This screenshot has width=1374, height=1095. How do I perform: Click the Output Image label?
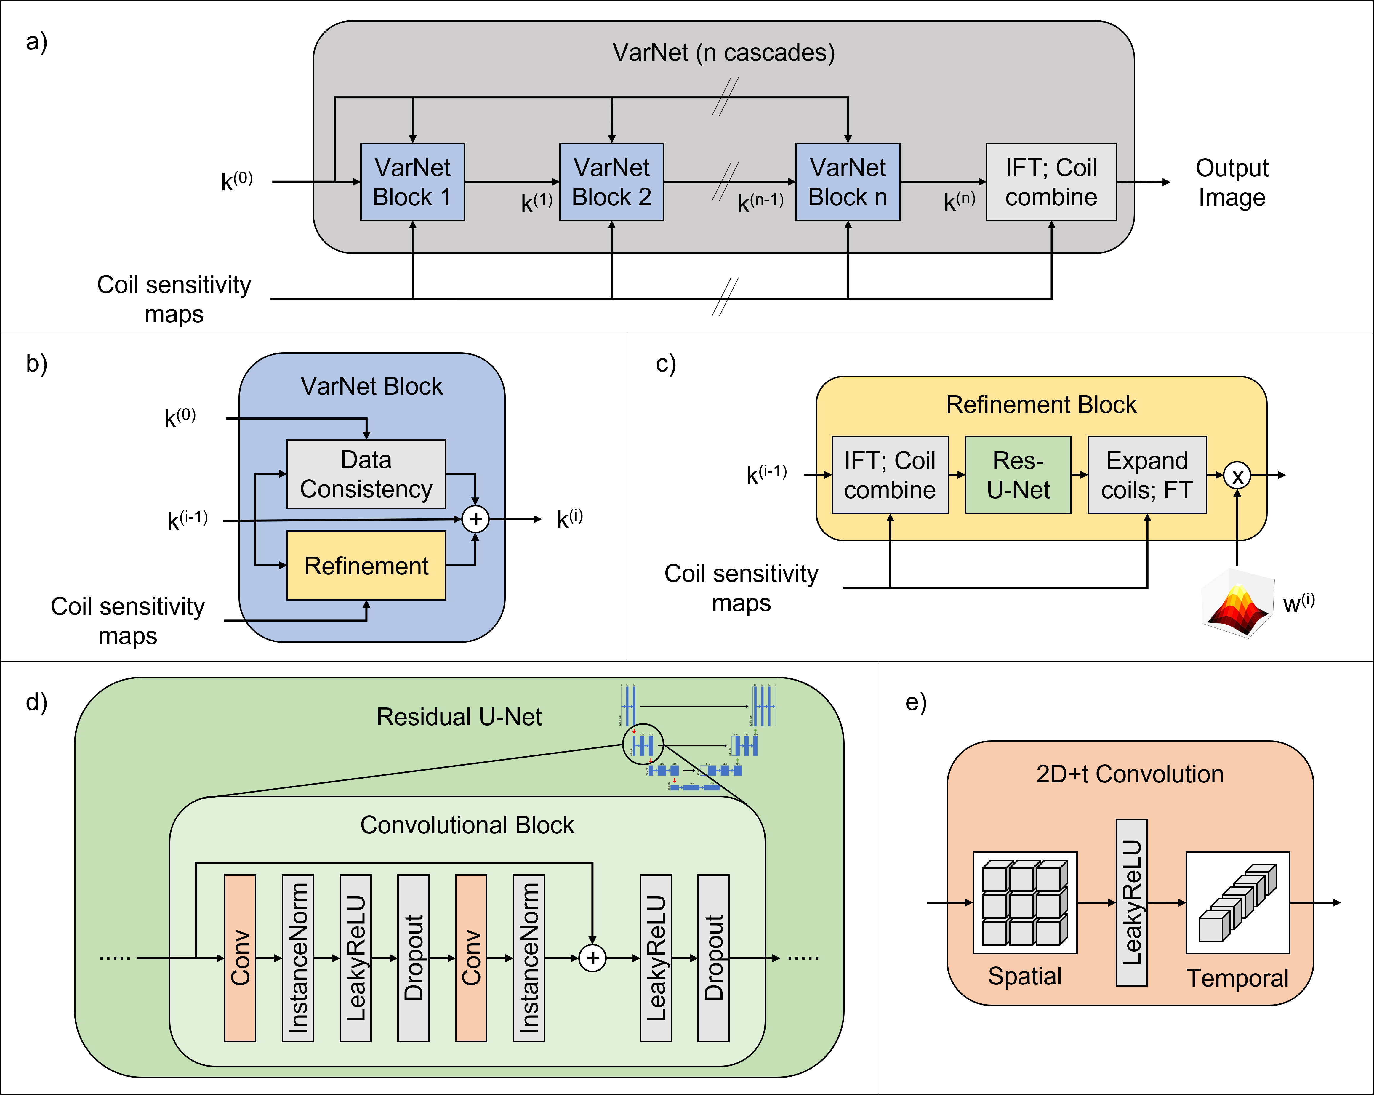tap(1231, 182)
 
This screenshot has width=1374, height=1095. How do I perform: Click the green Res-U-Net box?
tap(1018, 475)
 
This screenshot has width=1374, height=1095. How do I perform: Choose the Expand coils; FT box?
tap(1146, 475)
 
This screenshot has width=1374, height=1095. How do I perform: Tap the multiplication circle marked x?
tap(1237, 476)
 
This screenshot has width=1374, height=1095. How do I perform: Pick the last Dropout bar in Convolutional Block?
tap(713, 957)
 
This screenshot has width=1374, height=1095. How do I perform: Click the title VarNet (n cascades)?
tap(723, 52)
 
